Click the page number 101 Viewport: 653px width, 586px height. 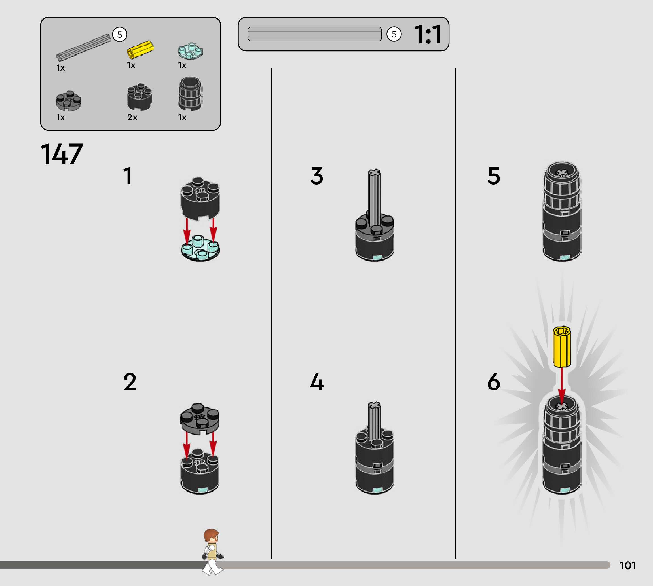[627, 566]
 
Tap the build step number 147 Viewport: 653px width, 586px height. [62, 154]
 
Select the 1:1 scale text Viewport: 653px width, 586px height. [427, 35]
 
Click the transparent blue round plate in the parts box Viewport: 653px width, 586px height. [190, 51]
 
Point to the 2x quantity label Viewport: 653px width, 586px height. [132, 117]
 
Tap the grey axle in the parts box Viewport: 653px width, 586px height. [83, 47]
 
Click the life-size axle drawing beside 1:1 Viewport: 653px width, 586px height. [314, 34]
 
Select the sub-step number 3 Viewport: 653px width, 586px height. [316, 176]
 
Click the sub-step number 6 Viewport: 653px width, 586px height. [494, 382]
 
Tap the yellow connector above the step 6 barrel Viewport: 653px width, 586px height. [562, 347]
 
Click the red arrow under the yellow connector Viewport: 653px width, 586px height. [562, 386]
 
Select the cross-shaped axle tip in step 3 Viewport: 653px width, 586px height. [374, 173]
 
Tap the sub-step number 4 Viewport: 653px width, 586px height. [317, 382]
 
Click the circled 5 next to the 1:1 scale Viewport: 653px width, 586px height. [394, 35]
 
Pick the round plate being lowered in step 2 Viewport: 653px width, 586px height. [200, 418]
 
